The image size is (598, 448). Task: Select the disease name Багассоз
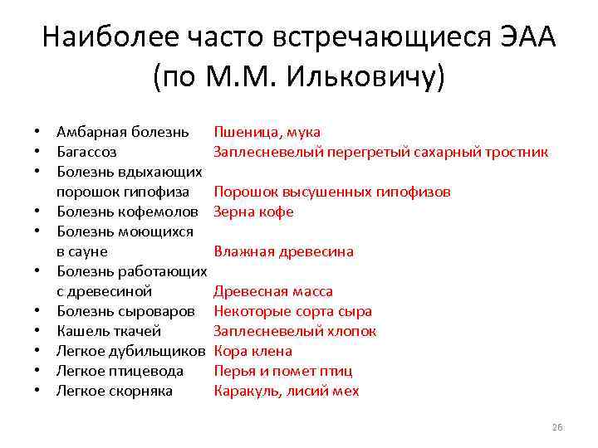pyautogui.click(x=86, y=152)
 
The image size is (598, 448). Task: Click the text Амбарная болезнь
pyautogui.click(x=122, y=132)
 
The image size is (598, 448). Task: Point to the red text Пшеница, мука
pyautogui.click(x=267, y=132)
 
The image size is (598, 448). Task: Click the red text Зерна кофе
pyautogui.click(x=253, y=212)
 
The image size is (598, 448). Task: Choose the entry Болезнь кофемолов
pyautogui.click(x=127, y=212)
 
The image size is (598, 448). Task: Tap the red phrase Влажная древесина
pyautogui.click(x=283, y=251)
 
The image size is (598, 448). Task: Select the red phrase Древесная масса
pyautogui.click(x=273, y=291)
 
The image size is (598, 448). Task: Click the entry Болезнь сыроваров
pyautogui.click(x=125, y=311)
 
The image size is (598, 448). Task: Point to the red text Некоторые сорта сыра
pyautogui.click(x=292, y=311)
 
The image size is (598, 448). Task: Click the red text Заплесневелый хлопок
pyautogui.click(x=295, y=331)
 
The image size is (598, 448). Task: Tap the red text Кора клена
pyautogui.click(x=252, y=351)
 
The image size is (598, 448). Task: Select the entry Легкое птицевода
pyautogui.click(x=120, y=371)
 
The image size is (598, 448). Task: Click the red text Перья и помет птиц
pyautogui.click(x=282, y=371)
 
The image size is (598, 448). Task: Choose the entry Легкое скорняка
pyautogui.click(x=114, y=391)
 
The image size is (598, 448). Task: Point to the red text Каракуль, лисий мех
pyautogui.click(x=287, y=391)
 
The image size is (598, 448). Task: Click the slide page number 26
pyautogui.click(x=556, y=427)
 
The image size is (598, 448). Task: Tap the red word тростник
pyautogui.click(x=517, y=152)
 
